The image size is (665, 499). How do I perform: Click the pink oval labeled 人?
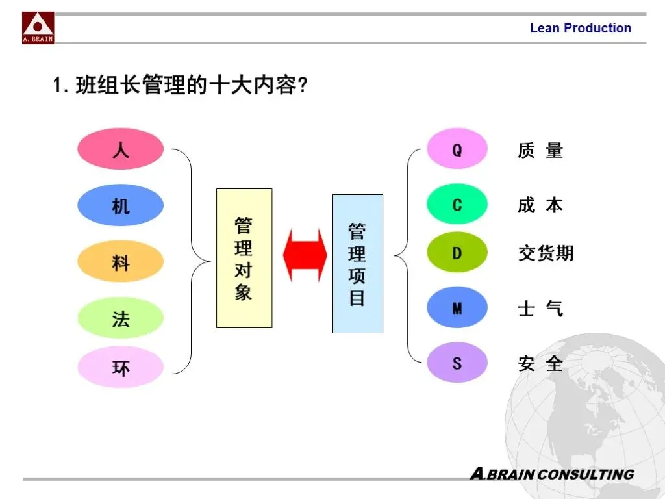[120, 149]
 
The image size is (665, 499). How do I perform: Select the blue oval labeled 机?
[120, 205]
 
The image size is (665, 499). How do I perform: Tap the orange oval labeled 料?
[120, 262]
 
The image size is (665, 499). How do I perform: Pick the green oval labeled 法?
[120, 318]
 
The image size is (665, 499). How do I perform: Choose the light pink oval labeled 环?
[120, 367]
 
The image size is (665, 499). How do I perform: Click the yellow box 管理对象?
[244, 258]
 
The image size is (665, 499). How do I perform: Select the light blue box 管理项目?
[357, 264]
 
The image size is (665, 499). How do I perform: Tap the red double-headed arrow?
[305, 255]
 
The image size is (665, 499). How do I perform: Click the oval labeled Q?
[457, 149]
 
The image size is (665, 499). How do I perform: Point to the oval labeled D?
[457, 252]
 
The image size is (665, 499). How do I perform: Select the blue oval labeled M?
[457, 307]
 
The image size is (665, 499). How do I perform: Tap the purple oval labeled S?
[457, 362]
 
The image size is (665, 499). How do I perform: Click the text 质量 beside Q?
[540, 150]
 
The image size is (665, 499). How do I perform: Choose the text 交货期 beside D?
[546, 252]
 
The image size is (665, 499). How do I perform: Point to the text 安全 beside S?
[540, 363]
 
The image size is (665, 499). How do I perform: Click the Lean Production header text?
[580, 28]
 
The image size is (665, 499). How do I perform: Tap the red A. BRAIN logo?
[38, 28]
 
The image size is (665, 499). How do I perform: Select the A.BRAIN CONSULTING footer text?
[551, 474]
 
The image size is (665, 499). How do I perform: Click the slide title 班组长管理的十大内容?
[179, 85]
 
